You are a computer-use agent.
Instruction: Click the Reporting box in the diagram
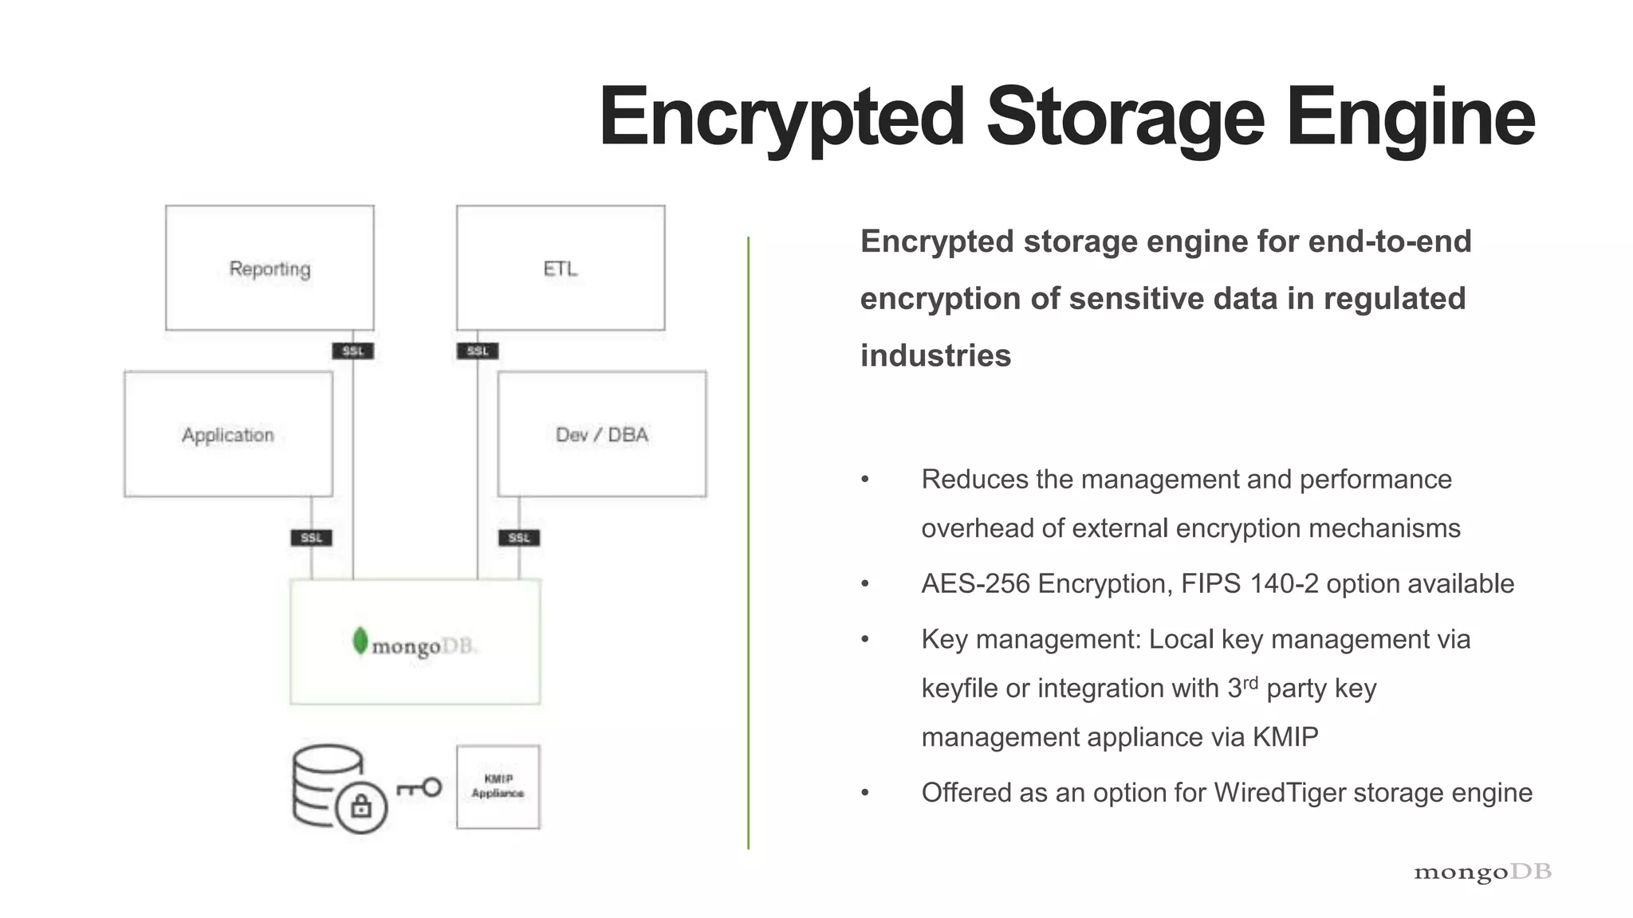pos(270,268)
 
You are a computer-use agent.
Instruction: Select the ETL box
pos(561,268)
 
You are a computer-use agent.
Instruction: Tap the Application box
pos(228,434)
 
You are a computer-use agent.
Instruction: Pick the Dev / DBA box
pos(602,434)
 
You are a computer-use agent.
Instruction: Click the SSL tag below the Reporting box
pos(352,351)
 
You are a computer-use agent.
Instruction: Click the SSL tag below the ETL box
pos(478,351)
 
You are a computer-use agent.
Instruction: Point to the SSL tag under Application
pos(311,538)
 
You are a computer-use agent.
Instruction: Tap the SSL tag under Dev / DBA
pos(519,538)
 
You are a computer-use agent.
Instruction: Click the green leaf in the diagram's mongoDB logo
pos(360,641)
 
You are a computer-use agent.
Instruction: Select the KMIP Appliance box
pos(498,787)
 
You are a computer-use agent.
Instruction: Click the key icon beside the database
pos(419,788)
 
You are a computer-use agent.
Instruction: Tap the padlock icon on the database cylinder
pos(361,807)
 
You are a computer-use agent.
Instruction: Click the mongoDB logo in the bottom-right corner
pos(1482,872)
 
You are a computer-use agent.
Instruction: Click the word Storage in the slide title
pos(1125,117)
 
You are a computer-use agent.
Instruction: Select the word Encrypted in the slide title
pos(782,117)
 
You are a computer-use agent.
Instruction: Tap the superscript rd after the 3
pos(1250,682)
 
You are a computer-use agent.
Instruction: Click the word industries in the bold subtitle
pos(935,355)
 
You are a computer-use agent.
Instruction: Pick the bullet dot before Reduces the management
pos(865,480)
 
